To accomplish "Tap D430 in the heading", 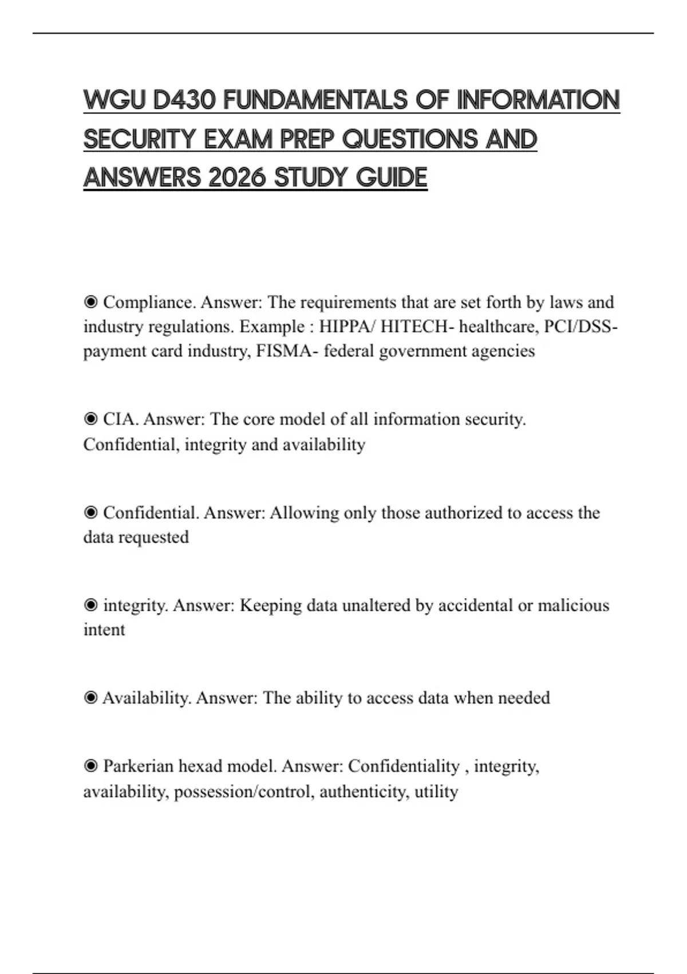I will point(184,100).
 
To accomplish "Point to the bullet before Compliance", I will point(90,302).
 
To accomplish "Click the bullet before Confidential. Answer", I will point(90,513).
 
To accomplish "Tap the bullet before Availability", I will point(90,698).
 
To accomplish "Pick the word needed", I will point(524,698).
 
